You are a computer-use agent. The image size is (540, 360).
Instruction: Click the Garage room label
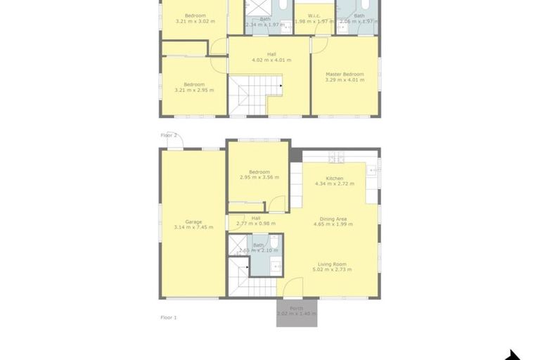pyautogui.click(x=188, y=221)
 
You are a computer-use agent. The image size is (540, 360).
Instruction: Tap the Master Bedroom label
pyautogui.click(x=345, y=74)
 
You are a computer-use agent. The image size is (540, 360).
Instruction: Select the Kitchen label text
pyautogui.click(x=334, y=178)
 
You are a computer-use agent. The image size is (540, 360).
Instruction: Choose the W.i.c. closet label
pyautogui.click(x=314, y=15)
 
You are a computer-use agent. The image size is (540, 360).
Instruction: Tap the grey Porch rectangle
pyautogui.click(x=297, y=314)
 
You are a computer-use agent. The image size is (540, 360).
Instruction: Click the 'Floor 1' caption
pyautogui.click(x=169, y=318)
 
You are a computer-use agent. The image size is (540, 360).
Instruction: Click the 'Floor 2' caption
pyautogui.click(x=169, y=135)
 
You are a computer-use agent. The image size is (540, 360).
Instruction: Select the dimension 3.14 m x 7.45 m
pyautogui.click(x=188, y=227)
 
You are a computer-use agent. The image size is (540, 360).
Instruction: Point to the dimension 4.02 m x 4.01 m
pyautogui.click(x=269, y=60)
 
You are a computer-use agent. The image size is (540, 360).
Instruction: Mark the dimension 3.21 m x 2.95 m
pyautogui.click(x=194, y=90)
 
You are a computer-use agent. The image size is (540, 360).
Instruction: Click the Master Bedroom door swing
pyautogui.click(x=319, y=44)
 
